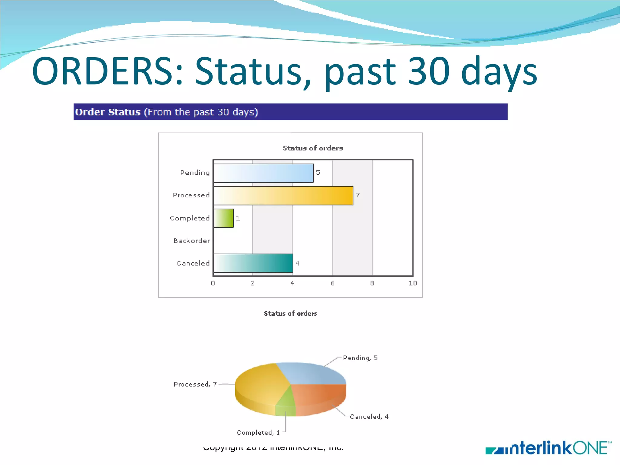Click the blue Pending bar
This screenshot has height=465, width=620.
[x=263, y=173]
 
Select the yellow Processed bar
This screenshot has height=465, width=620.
[x=283, y=196]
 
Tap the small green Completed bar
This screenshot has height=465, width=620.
[x=223, y=218]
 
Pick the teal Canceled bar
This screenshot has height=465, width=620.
[x=253, y=263]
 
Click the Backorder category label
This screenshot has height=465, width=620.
[x=191, y=241]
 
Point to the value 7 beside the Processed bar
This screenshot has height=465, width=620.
[x=358, y=195]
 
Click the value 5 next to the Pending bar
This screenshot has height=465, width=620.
[x=318, y=173]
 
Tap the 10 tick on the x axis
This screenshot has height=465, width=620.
[x=413, y=283]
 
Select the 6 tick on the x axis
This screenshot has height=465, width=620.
[x=332, y=283]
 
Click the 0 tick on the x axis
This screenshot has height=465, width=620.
[x=213, y=283]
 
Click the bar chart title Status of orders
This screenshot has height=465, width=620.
[x=313, y=148]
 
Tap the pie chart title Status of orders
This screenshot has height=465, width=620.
[x=290, y=313]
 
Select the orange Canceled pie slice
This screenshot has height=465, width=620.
[x=321, y=397]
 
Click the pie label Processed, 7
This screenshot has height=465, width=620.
[x=195, y=384]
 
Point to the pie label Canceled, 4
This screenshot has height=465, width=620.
[x=369, y=417]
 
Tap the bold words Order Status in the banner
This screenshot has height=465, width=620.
[x=108, y=112]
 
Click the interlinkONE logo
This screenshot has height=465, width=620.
[x=548, y=448]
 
